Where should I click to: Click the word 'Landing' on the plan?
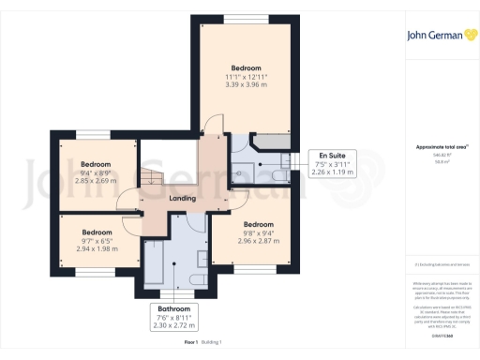point(181,198)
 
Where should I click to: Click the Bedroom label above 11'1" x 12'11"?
point(247,67)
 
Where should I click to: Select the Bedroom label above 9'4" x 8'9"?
point(96,163)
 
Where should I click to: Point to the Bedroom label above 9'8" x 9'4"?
point(258,224)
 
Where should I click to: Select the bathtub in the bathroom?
point(154,259)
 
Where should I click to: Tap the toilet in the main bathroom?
point(197,278)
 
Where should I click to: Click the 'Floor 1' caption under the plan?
point(191,342)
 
